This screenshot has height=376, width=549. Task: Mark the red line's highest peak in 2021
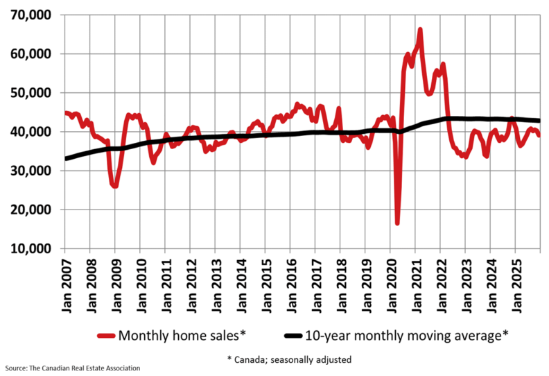coord(420,30)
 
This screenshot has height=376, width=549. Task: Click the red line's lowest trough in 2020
coord(398,223)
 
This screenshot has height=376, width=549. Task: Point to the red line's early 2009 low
coord(114,186)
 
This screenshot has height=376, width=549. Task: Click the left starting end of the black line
coord(66,159)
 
